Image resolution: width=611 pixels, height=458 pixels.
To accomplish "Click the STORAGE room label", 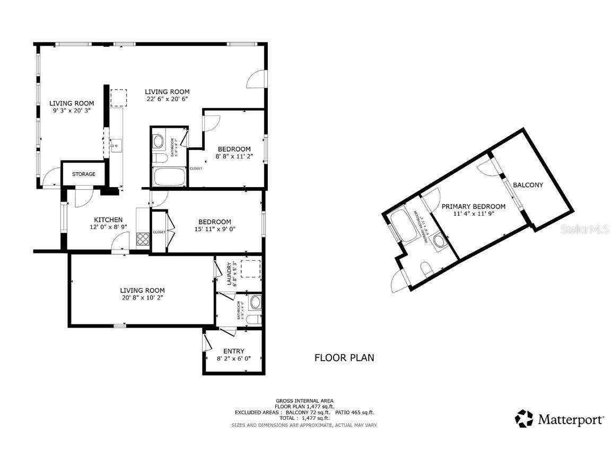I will click(84, 174).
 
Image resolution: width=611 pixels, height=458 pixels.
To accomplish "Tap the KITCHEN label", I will click(108, 219).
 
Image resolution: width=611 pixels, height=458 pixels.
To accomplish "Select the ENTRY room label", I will click(234, 351).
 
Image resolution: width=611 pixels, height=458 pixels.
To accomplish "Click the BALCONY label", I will click(528, 185).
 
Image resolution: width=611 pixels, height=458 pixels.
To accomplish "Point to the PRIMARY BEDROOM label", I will click(473, 206).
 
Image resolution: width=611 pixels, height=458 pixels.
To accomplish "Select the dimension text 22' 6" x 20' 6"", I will click(167, 99).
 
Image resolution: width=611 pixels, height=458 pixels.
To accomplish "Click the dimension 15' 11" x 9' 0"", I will click(215, 229).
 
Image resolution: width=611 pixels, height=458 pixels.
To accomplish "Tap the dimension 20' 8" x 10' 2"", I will click(142, 297).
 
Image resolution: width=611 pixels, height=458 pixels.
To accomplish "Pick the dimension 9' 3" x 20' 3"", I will click(72, 111).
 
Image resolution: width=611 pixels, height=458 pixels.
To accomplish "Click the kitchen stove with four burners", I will click(143, 239).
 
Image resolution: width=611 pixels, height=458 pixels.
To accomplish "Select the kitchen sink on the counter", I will click(116, 143).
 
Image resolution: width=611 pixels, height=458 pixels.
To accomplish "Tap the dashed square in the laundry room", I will click(251, 269).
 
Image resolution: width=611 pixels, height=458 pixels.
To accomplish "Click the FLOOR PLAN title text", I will click(344, 357).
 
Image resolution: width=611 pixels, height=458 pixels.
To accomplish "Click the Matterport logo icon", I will click(524, 418).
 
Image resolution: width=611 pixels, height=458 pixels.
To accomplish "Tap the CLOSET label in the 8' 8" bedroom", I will click(196, 169).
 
